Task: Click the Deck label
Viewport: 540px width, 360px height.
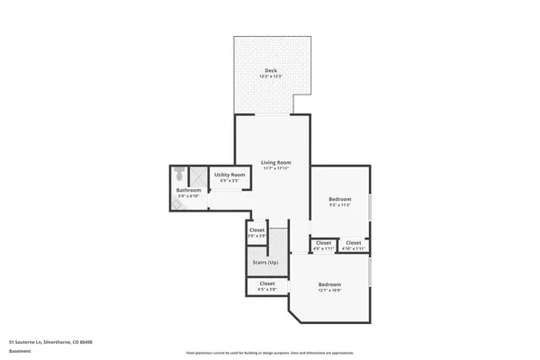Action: click(270, 71)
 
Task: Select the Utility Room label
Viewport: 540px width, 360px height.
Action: click(229, 175)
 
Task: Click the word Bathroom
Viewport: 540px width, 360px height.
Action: click(188, 190)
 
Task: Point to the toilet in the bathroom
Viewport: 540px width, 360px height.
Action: click(179, 173)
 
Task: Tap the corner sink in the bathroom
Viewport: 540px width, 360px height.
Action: click(176, 204)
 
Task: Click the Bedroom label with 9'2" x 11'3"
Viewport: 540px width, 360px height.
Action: click(339, 199)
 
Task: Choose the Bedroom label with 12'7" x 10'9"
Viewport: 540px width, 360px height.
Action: click(328, 284)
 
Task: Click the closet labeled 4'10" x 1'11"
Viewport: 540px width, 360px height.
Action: click(354, 242)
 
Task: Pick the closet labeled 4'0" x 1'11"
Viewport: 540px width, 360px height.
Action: click(324, 242)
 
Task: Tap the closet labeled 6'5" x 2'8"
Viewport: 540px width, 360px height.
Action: click(267, 283)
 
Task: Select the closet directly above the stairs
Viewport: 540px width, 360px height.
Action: click(256, 229)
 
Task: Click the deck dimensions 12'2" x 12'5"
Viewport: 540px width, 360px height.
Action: click(270, 77)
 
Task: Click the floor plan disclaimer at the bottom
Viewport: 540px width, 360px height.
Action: click(270, 353)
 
